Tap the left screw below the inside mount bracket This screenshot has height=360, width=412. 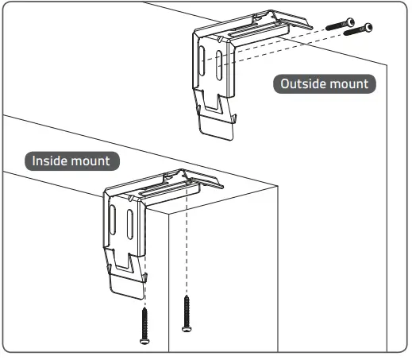click(145, 326)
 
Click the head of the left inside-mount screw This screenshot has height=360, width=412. click(145, 341)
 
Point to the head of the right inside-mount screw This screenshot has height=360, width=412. click(187, 327)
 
